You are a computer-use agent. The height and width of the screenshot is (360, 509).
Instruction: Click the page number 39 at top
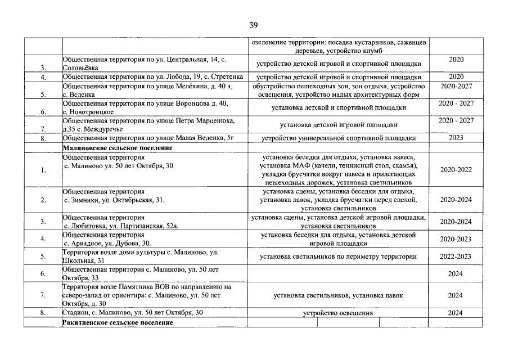[x=254, y=25]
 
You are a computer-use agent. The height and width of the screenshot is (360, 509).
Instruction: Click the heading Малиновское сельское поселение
[x=117, y=148]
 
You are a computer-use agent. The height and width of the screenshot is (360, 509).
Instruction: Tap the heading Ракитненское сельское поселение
[x=118, y=323]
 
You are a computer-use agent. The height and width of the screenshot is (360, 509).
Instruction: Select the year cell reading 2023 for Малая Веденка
[x=456, y=137]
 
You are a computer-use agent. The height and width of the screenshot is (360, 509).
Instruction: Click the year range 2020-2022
[x=456, y=169]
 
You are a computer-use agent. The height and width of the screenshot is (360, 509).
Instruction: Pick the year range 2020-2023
[x=456, y=239]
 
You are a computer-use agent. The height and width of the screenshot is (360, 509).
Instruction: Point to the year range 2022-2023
[x=456, y=256]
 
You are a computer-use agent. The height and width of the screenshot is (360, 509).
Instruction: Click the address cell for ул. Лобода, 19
[x=153, y=76]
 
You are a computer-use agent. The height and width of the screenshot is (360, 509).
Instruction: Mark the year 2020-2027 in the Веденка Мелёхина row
[x=456, y=86]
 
